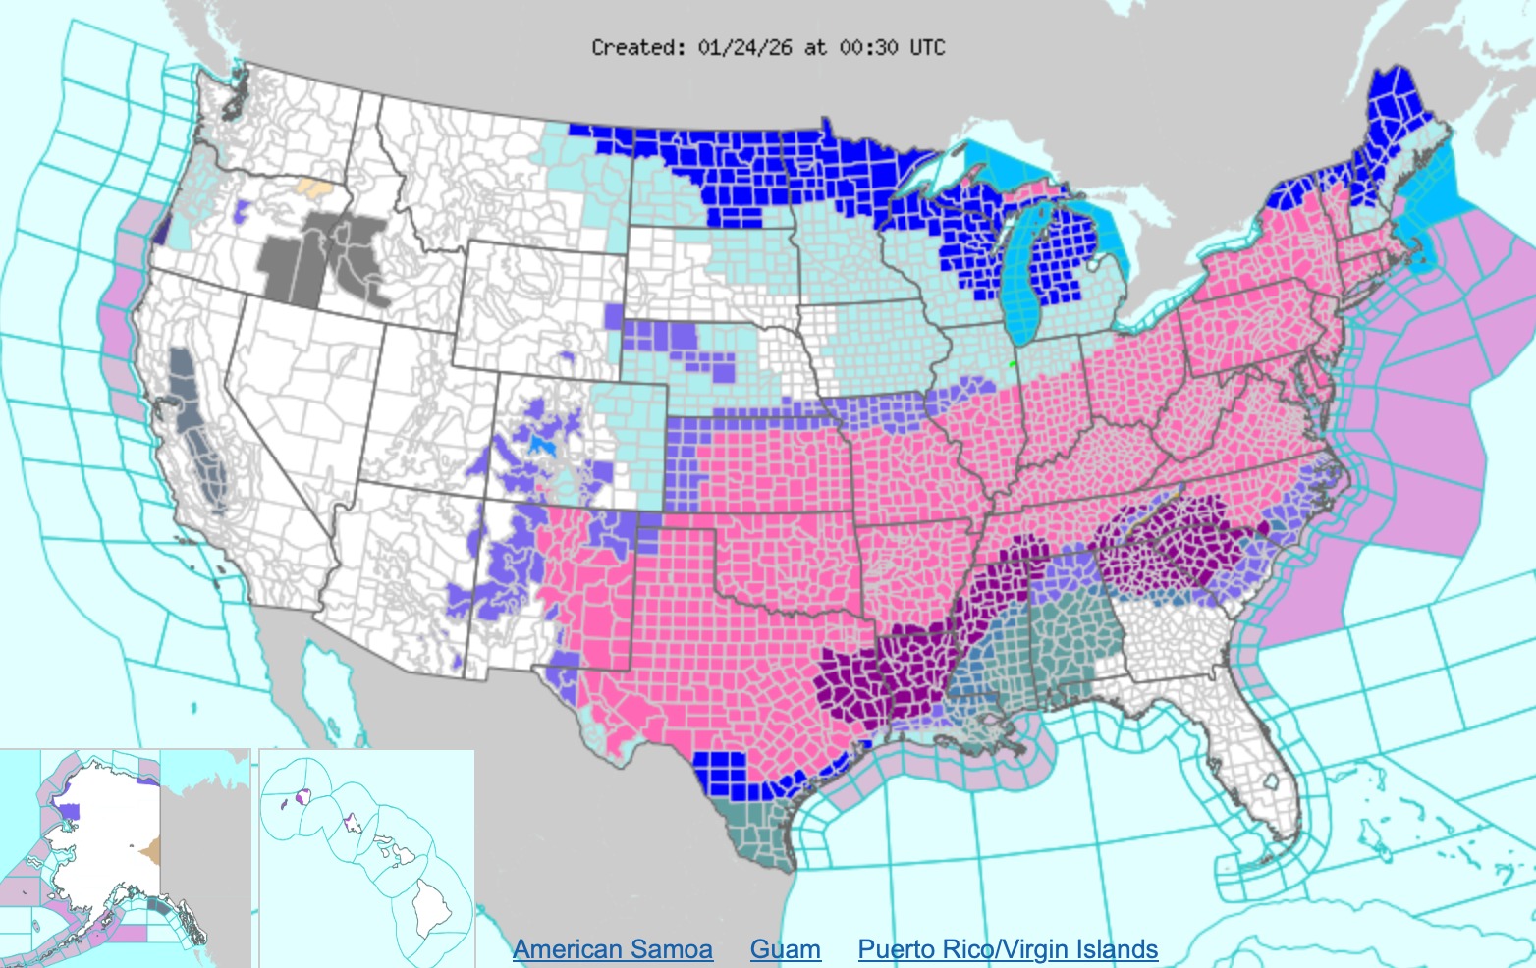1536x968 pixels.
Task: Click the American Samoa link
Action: pyautogui.click(x=612, y=949)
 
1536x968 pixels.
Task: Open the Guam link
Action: pyautogui.click(x=785, y=949)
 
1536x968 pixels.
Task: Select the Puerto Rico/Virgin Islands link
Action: pyautogui.click(x=1008, y=949)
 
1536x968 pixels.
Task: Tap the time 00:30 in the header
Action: pyautogui.click(x=868, y=47)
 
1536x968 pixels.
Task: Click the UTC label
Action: pyautogui.click(x=927, y=47)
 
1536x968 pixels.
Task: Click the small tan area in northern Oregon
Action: pyautogui.click(x=313, y=187)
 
